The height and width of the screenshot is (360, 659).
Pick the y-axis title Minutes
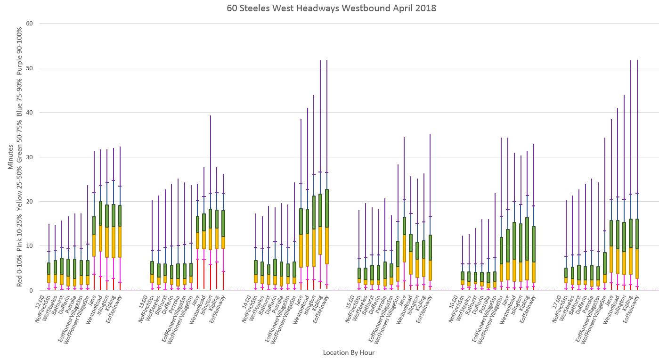(10, 157)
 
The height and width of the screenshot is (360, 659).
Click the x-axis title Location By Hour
(349, 352)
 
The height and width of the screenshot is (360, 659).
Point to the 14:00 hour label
(250, 301)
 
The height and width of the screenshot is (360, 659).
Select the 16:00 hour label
(457, 301)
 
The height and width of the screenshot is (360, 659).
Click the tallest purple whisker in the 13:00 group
(211, 141)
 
